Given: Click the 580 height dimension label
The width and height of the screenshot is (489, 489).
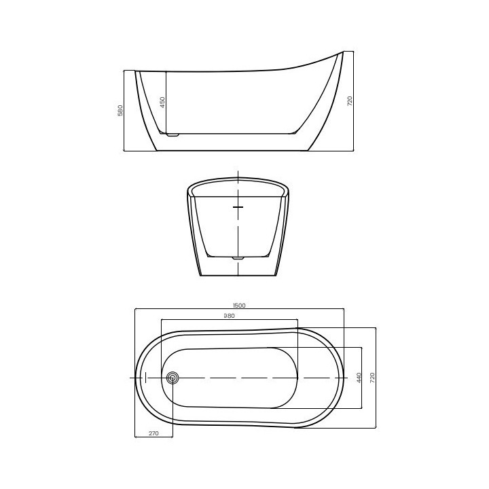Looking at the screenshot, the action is [120, 110].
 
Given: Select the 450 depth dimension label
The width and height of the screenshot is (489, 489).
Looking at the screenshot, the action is [162, 103].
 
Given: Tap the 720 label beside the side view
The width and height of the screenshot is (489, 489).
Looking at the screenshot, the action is [350, 101].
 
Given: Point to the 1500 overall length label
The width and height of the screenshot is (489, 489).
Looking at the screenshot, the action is [239, 306].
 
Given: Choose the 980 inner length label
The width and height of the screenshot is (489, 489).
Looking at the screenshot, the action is [230, 316].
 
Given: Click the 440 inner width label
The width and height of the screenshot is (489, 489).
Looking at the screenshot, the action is [359, 378].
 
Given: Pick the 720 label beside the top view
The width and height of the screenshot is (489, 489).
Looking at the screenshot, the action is [372, 378].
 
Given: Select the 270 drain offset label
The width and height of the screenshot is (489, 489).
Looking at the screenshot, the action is [153, 433].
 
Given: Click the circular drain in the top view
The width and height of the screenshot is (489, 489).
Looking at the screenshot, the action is [172, 378].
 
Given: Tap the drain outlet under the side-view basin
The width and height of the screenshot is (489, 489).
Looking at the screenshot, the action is [173, 135].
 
